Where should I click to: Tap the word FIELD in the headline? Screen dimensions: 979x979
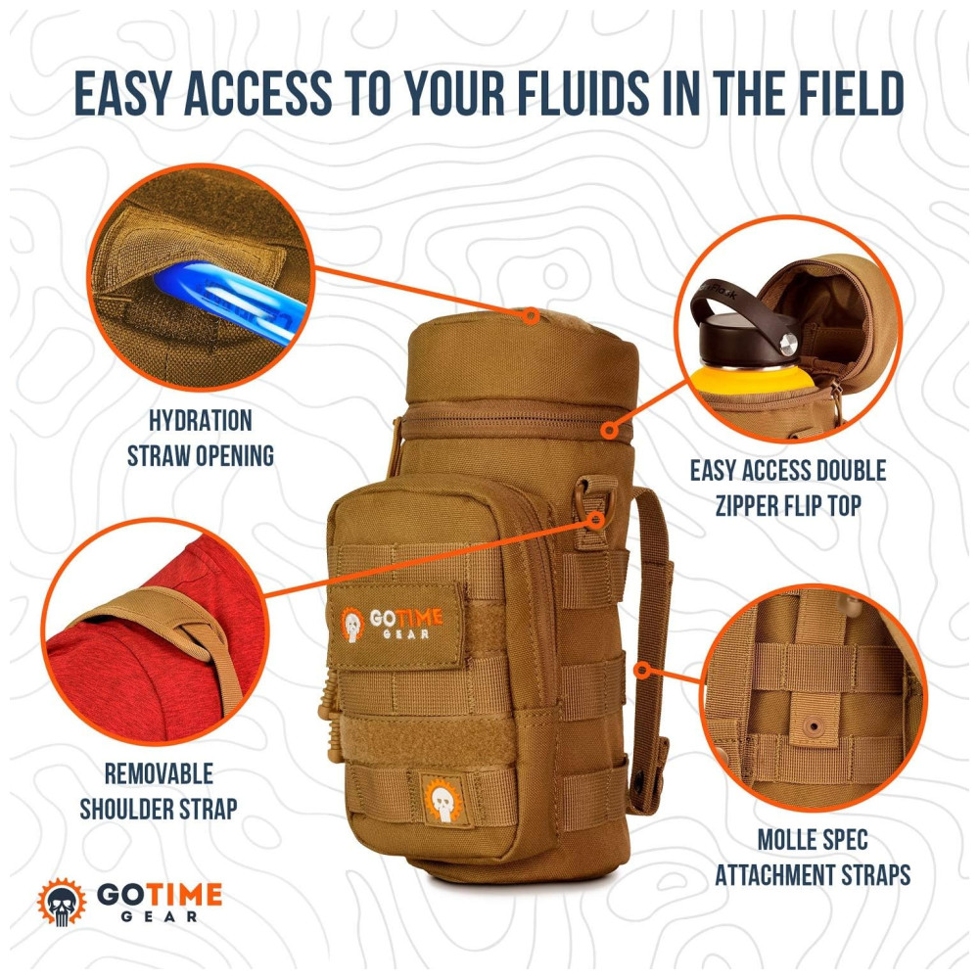point(843,94)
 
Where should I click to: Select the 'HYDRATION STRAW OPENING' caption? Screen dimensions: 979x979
point(201,439)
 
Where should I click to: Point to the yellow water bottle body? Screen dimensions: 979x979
point(751,381)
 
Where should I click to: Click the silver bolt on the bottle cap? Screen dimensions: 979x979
point(789,342)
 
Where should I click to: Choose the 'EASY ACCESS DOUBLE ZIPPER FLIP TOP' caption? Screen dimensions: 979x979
point(788,488)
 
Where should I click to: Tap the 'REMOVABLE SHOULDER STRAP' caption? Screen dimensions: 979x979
point(159,791)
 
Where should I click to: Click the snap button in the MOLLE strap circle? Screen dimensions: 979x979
point(813,726)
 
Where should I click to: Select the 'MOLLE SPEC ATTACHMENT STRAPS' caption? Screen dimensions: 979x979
point(813,858)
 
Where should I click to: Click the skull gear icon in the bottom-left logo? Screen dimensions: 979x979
point(62,903)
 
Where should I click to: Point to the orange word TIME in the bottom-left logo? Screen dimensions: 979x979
point(187,894)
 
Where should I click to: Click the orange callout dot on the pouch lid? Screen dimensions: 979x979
point(531,315)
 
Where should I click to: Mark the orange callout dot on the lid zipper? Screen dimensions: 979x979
point(611,430)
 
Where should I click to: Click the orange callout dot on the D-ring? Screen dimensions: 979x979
point(597,520)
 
